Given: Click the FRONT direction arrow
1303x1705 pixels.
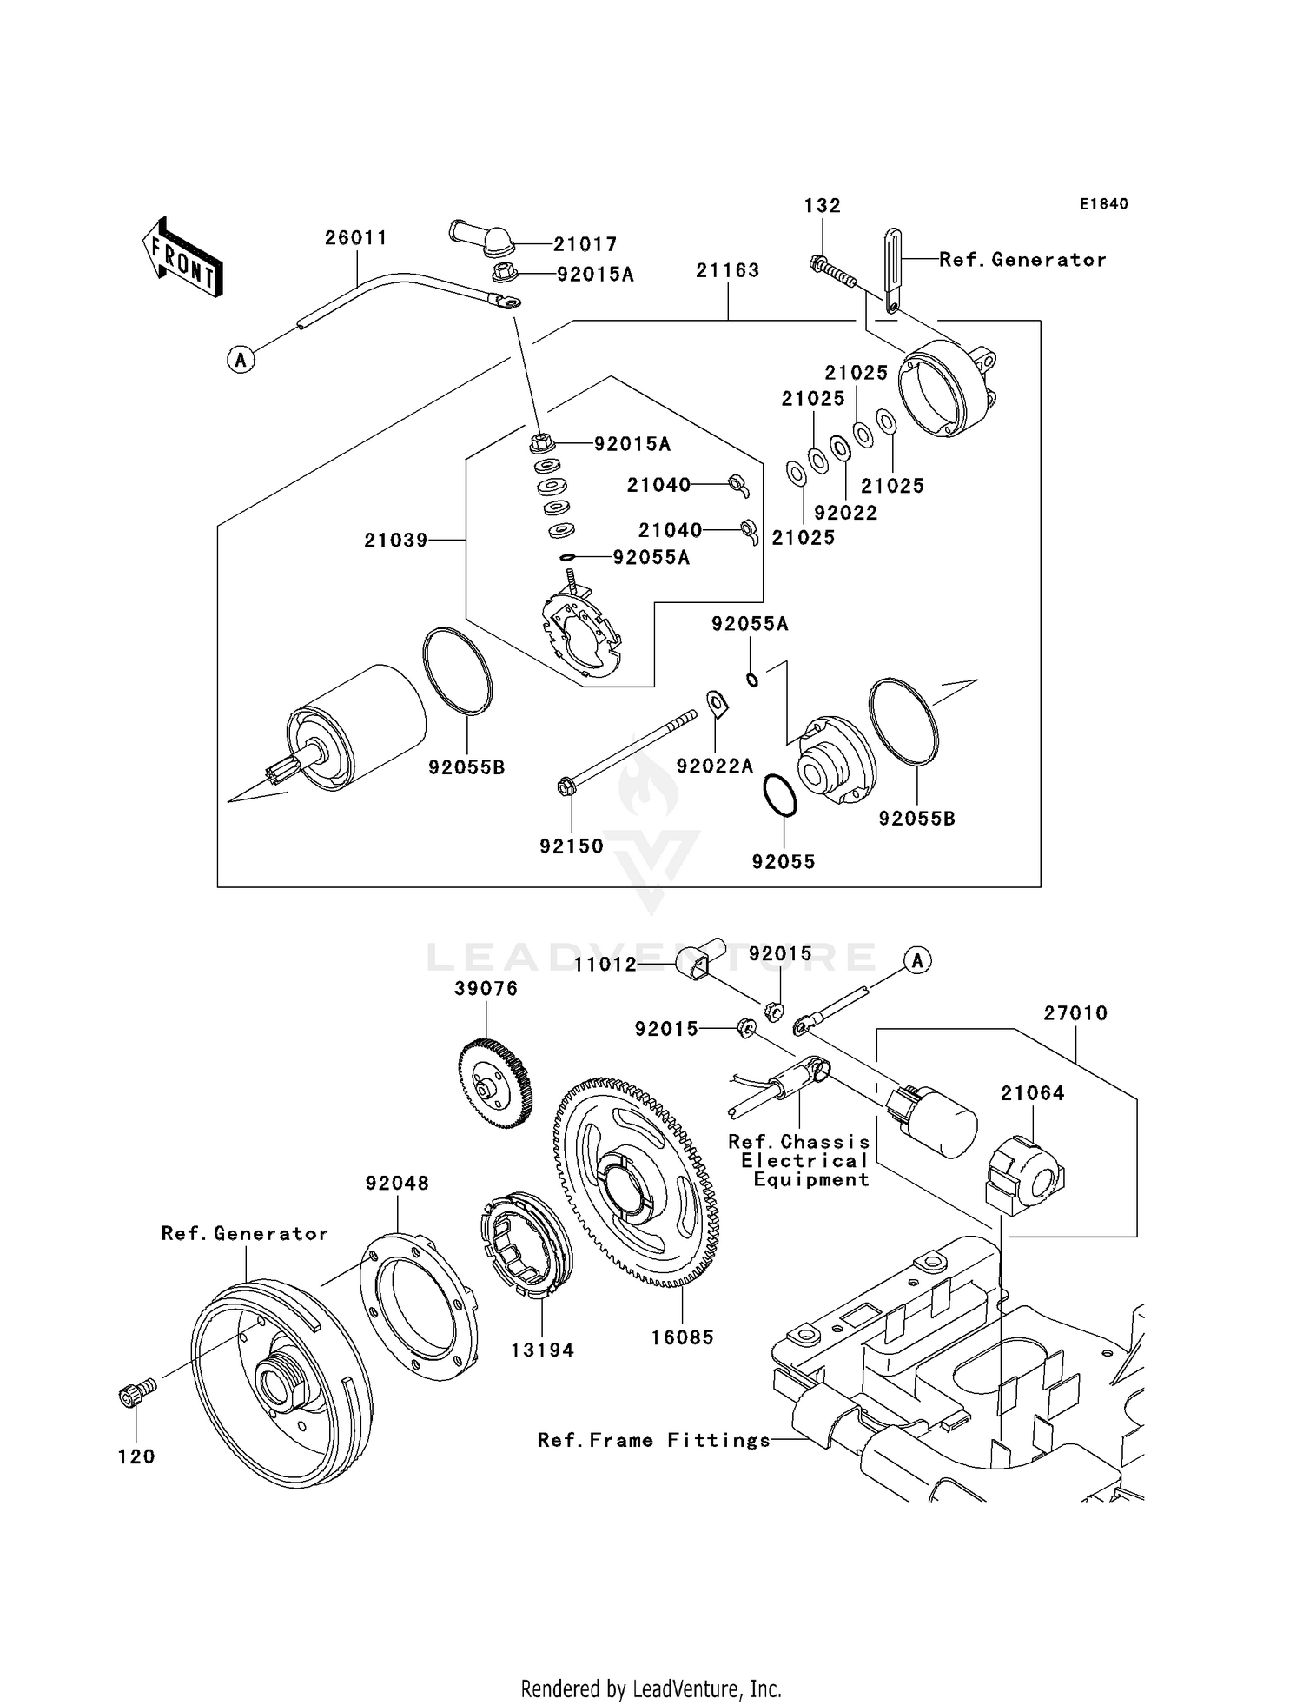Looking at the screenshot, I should [x=183, y=258].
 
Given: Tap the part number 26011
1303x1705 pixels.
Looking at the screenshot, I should [x=355, y=238].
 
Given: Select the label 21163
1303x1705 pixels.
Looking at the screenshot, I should [x=727, y=270].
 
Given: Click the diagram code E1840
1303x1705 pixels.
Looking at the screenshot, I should [x=1103, y=204].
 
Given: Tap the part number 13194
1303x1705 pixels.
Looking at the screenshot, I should [x=542, y=1350].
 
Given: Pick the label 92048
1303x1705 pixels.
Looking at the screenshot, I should [x=397, y=1183].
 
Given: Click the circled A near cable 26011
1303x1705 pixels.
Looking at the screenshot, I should [x=241, y=359].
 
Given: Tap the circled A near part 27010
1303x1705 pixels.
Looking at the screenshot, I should [x=917, y=960].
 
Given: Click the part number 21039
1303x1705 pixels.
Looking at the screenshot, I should [x=396, y=540].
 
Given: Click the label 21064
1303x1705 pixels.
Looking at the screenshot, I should [x=1032, y=1093].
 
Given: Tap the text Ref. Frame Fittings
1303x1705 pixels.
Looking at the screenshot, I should [x=653, y=1440].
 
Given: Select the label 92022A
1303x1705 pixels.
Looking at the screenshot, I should [x=715, y=766].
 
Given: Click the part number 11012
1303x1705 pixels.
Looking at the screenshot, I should [x=605, y=964].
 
